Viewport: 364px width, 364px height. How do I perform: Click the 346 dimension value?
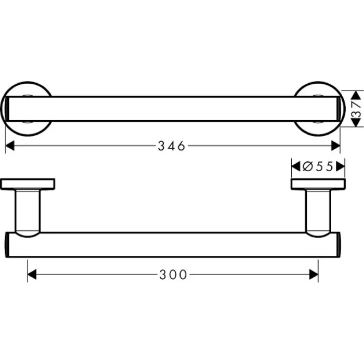171,146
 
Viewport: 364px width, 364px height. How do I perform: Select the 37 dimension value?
356,109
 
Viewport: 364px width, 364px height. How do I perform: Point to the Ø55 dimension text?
318,166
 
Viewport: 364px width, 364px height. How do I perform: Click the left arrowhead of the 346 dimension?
9,146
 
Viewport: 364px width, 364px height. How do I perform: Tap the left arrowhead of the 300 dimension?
32,274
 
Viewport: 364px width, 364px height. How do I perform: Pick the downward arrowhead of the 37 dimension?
356,123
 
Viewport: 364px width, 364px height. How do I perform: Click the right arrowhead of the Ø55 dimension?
341,166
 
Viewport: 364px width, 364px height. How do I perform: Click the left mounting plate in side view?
29,184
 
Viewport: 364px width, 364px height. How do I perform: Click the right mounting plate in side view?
317,184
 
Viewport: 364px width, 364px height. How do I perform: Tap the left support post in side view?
29,211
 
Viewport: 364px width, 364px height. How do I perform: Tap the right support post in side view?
317,211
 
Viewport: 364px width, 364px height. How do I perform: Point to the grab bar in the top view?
172,109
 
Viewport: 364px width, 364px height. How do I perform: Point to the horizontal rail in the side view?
172,244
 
